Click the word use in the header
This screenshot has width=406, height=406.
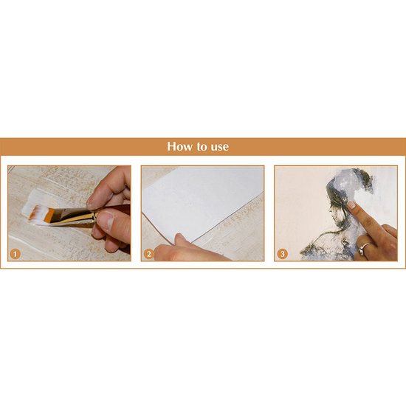coord(220,148)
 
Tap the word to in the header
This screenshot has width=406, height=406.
coord(202,147)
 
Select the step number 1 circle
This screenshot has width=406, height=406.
coord(15,254)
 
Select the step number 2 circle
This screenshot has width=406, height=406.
coord(148,254)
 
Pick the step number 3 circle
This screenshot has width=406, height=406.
coord(282,254)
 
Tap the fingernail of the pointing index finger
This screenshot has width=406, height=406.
coord(351,204)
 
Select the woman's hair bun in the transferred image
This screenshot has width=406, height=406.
coord(362,178)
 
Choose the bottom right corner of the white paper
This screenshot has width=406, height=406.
coord(263,191)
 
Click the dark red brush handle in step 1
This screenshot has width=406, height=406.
coord(115,207)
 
